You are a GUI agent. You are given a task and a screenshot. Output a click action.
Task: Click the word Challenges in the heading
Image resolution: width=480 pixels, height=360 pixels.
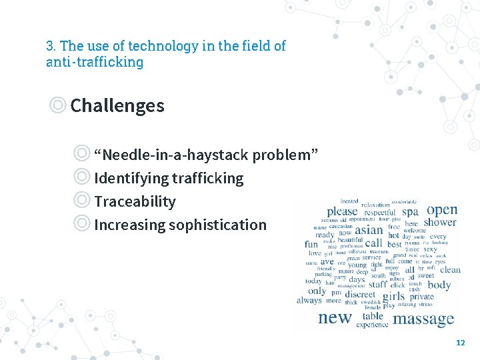117,105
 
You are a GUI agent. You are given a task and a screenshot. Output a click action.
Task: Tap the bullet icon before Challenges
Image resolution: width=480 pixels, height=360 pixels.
58,105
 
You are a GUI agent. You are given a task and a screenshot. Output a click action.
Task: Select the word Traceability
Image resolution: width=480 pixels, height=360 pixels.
135,201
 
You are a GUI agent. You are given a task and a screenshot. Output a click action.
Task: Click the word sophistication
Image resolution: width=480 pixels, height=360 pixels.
217,225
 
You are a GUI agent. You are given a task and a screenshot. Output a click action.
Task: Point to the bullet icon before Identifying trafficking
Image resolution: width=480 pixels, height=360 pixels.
82,178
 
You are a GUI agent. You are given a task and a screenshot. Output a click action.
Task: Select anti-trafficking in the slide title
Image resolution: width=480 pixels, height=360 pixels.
95,62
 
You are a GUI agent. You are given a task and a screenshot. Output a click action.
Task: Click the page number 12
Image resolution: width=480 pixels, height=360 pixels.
460,342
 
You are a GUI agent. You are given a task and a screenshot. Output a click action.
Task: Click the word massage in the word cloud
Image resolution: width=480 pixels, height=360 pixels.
423,319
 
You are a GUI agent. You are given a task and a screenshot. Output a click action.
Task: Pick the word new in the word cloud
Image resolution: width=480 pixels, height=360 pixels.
335,317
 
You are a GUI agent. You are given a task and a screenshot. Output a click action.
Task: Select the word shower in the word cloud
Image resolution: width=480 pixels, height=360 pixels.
440,223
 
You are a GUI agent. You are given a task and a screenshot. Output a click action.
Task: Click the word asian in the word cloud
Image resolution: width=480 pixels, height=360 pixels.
369,230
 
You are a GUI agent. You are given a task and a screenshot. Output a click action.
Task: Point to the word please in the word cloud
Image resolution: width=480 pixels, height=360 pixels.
342,211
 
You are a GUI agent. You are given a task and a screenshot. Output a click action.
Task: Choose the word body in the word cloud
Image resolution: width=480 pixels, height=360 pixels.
439,285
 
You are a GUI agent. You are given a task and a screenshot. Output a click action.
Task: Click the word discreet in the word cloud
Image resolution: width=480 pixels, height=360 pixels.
361,294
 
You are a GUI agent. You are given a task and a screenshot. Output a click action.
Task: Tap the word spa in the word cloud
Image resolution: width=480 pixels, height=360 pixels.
410,212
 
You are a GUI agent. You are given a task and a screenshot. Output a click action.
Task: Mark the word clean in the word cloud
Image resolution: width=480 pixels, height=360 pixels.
450,270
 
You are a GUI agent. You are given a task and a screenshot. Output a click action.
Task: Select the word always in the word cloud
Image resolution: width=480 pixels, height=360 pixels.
309,301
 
